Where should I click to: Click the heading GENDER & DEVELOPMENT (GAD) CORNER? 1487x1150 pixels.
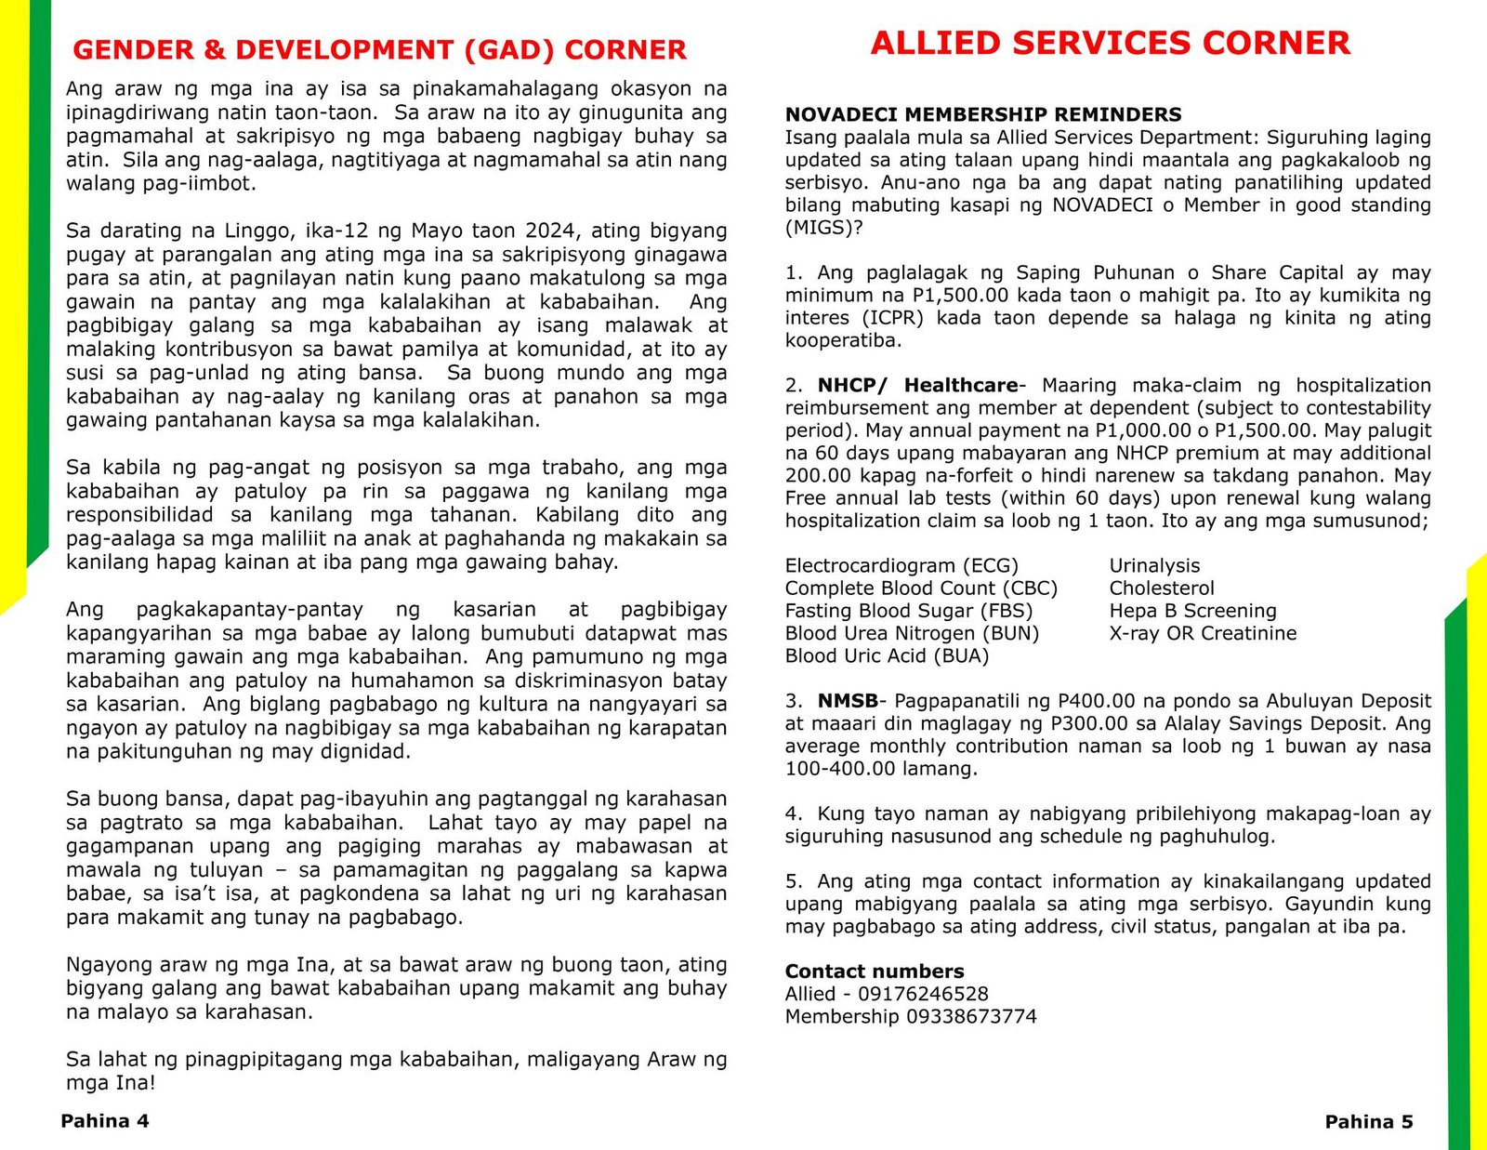tap(379, 50)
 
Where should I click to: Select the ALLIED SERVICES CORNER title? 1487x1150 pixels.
tap(1110, 44)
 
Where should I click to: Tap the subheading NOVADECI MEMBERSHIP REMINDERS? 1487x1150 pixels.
tap(982, 114)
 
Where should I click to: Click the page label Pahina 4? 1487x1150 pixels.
tap(104, 1120)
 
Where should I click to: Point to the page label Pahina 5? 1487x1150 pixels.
tap(1368, 1121)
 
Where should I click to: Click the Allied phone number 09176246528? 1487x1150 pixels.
tap(922, 994)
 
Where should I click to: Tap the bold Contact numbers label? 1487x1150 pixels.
tap(874, 971)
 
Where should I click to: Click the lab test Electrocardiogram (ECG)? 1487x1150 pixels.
tap(901, 565)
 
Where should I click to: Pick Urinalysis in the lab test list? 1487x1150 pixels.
tap(1154, 565)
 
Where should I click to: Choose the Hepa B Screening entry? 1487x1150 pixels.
tap(1192, 610)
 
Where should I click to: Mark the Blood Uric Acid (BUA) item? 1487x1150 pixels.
tap(887, 655)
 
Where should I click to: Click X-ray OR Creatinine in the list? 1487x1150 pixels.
tap(1203, 633)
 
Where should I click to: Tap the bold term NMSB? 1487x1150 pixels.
tap(848, 700)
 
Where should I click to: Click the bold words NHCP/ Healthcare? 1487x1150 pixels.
tap(917, 385)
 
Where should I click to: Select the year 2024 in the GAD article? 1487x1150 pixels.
tap(550, 231)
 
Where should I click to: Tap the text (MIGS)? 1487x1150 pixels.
tap(823, 228)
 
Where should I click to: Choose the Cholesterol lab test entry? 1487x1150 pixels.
tap(1161, 588)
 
